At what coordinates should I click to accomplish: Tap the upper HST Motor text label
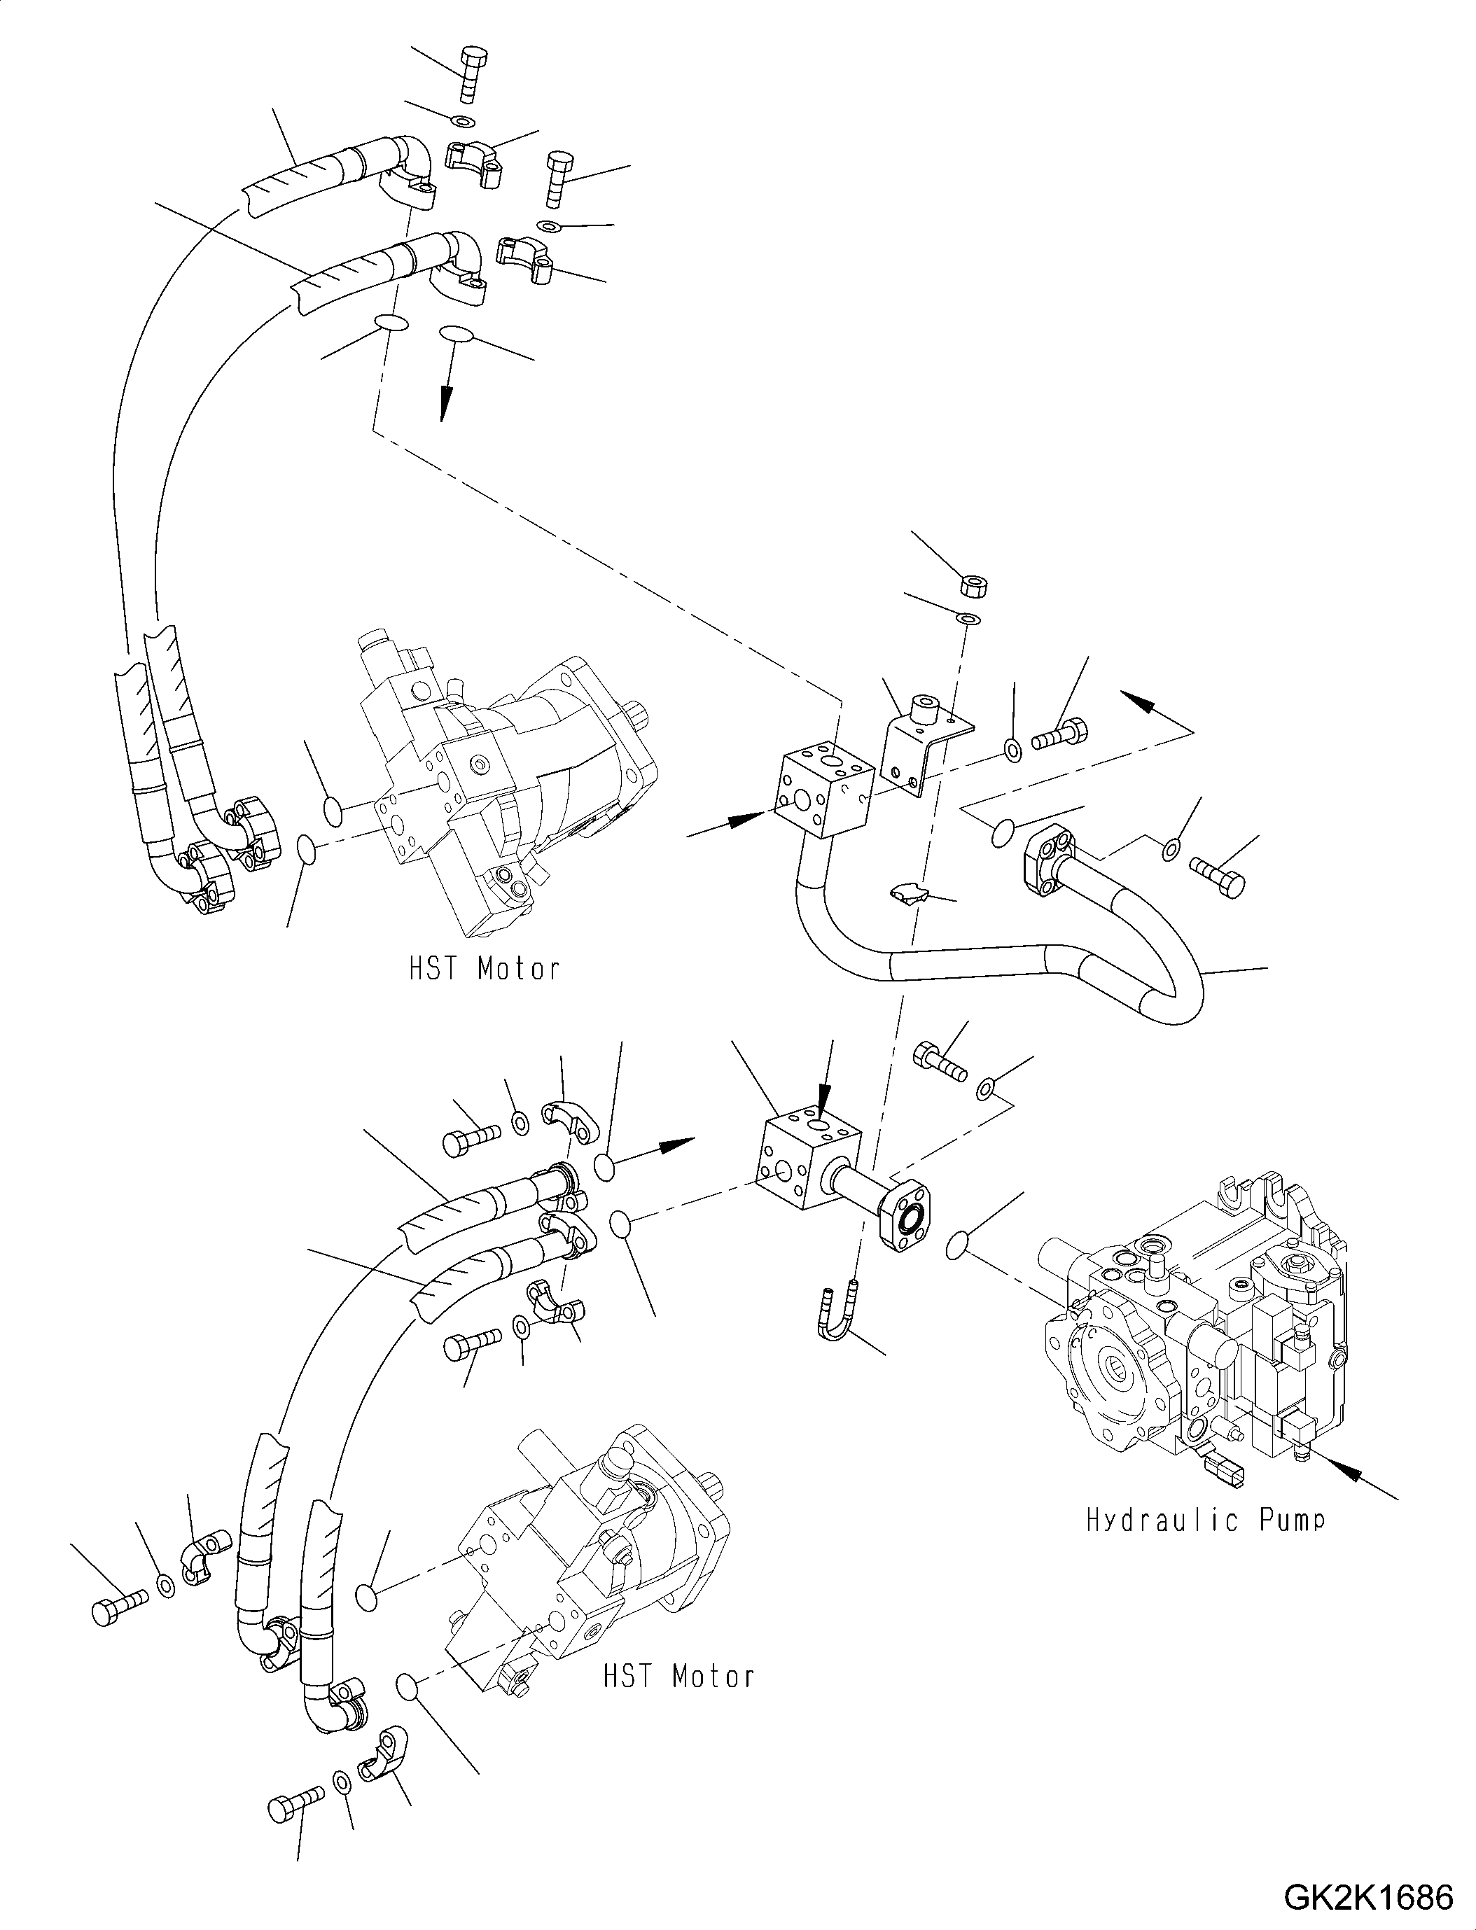coord(484,969)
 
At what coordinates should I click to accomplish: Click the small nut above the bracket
coord(973,585)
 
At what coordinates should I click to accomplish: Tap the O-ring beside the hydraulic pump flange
coord(959,1245)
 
